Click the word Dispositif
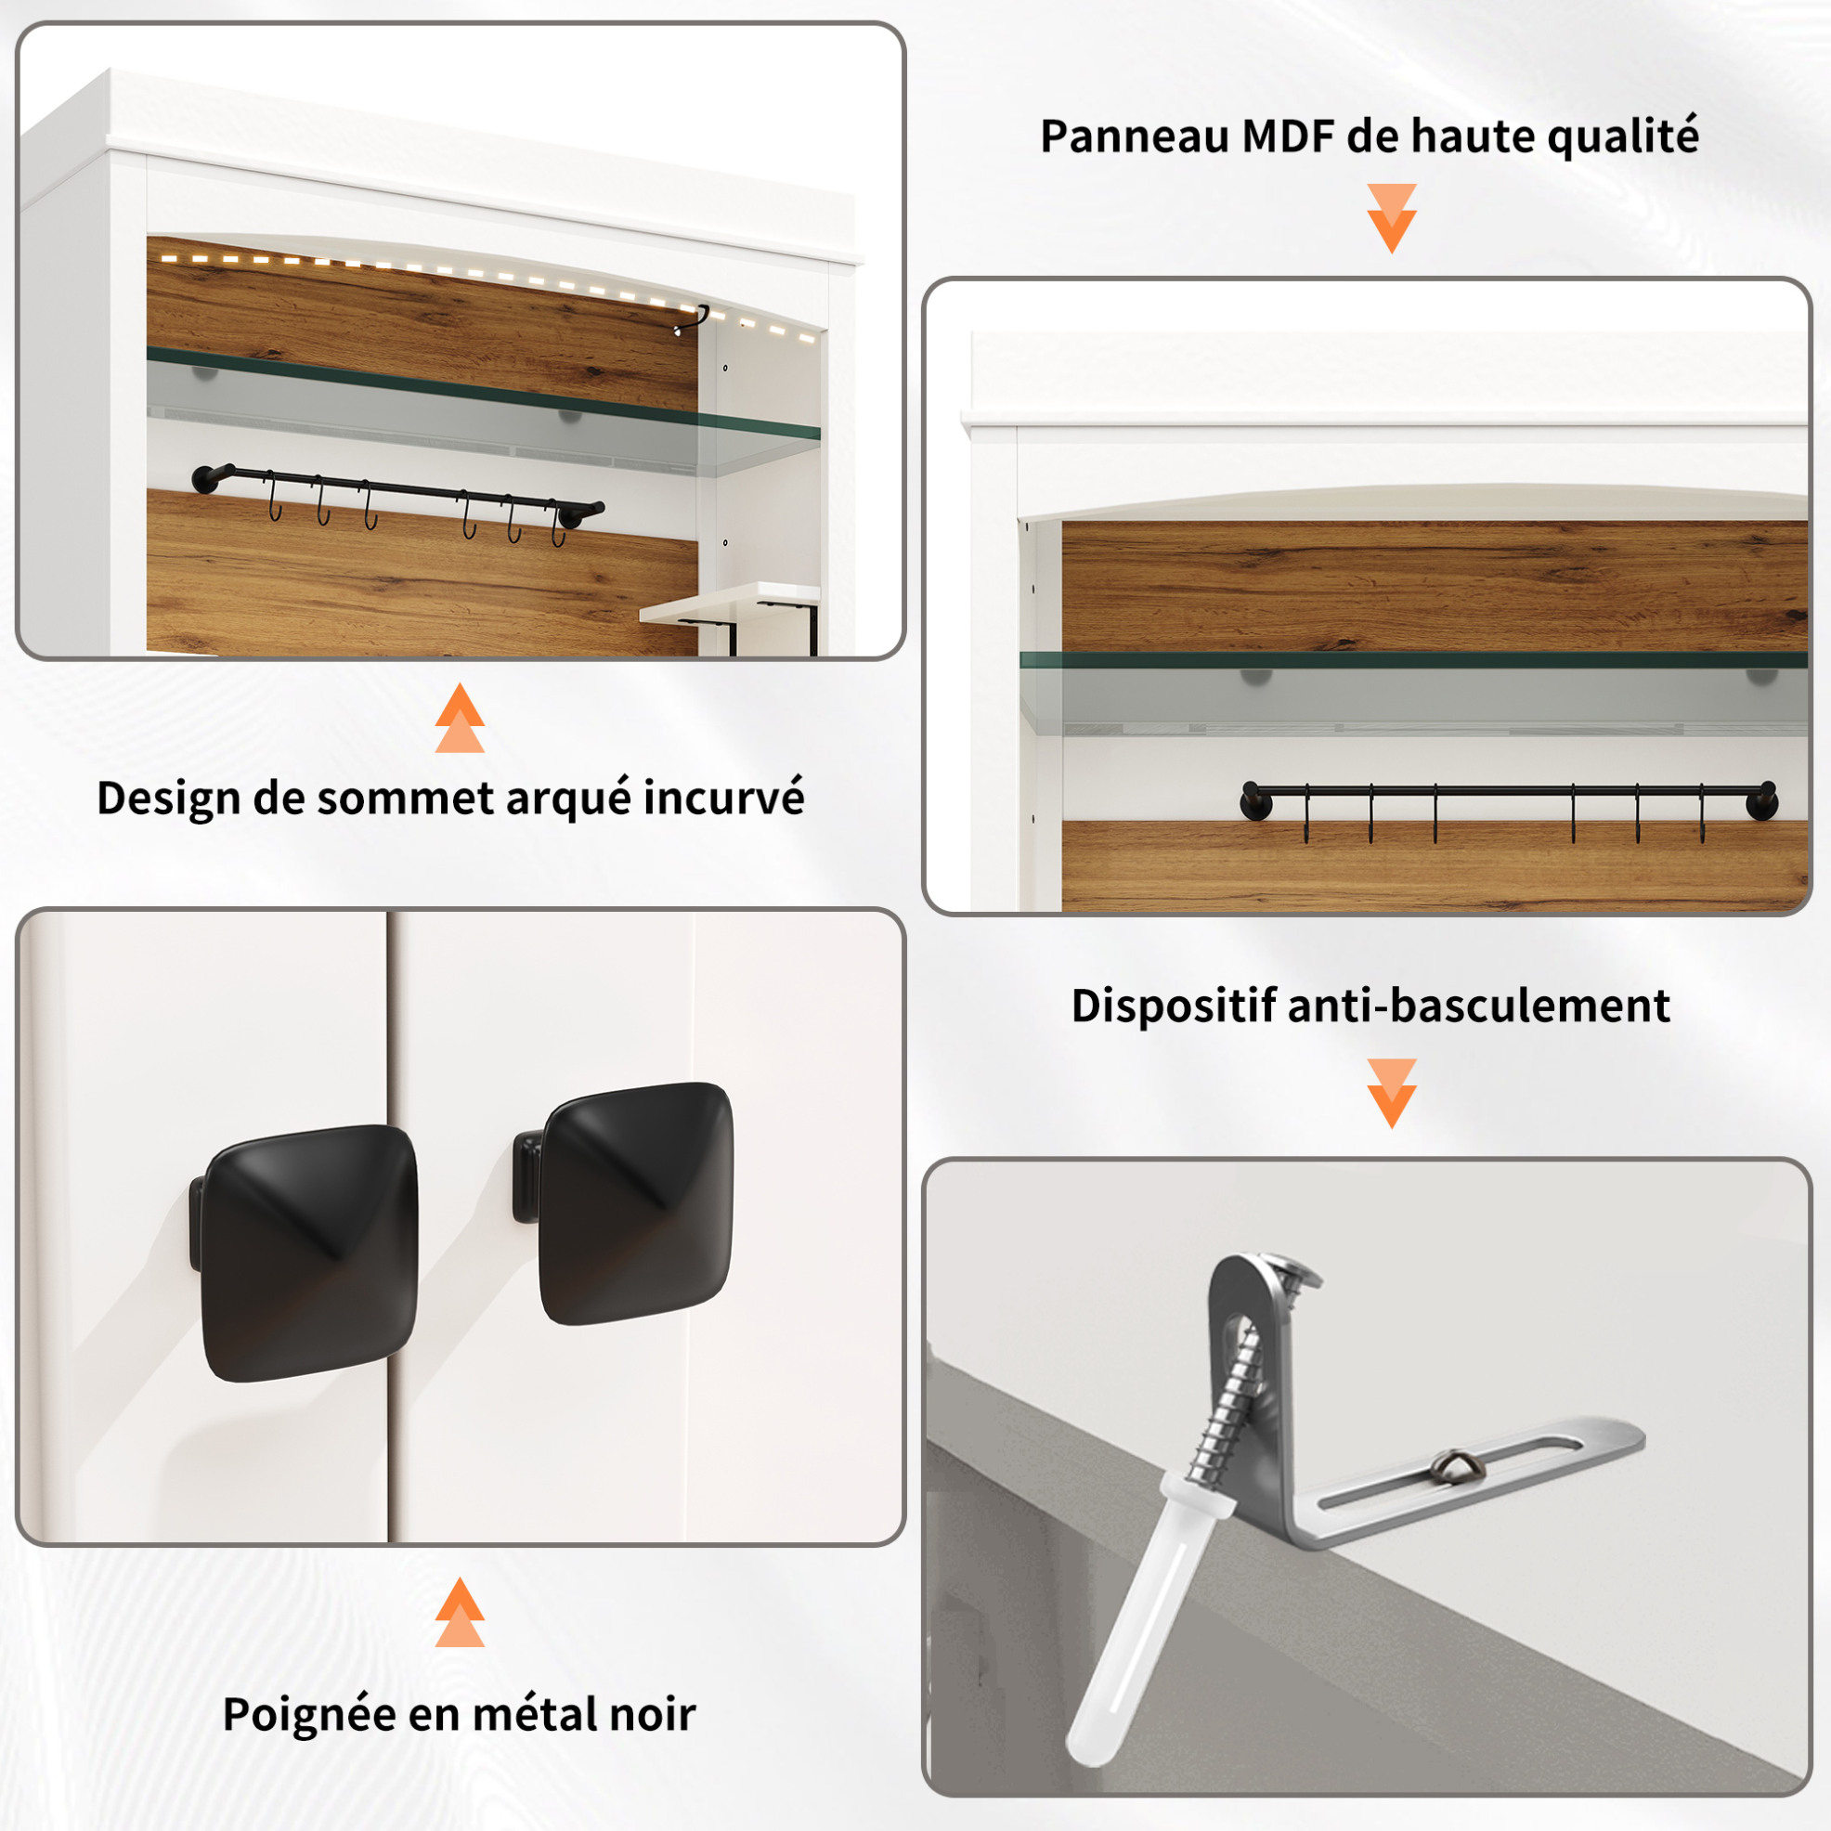(1174, 1006)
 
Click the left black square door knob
(305, 1252)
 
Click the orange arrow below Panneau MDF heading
(1391, 218)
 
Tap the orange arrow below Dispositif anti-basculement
(1391, 1093)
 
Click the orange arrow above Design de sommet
(460, 718)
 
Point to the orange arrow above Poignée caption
(460, 1611)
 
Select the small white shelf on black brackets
(727, 604)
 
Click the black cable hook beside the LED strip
(693, 319)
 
